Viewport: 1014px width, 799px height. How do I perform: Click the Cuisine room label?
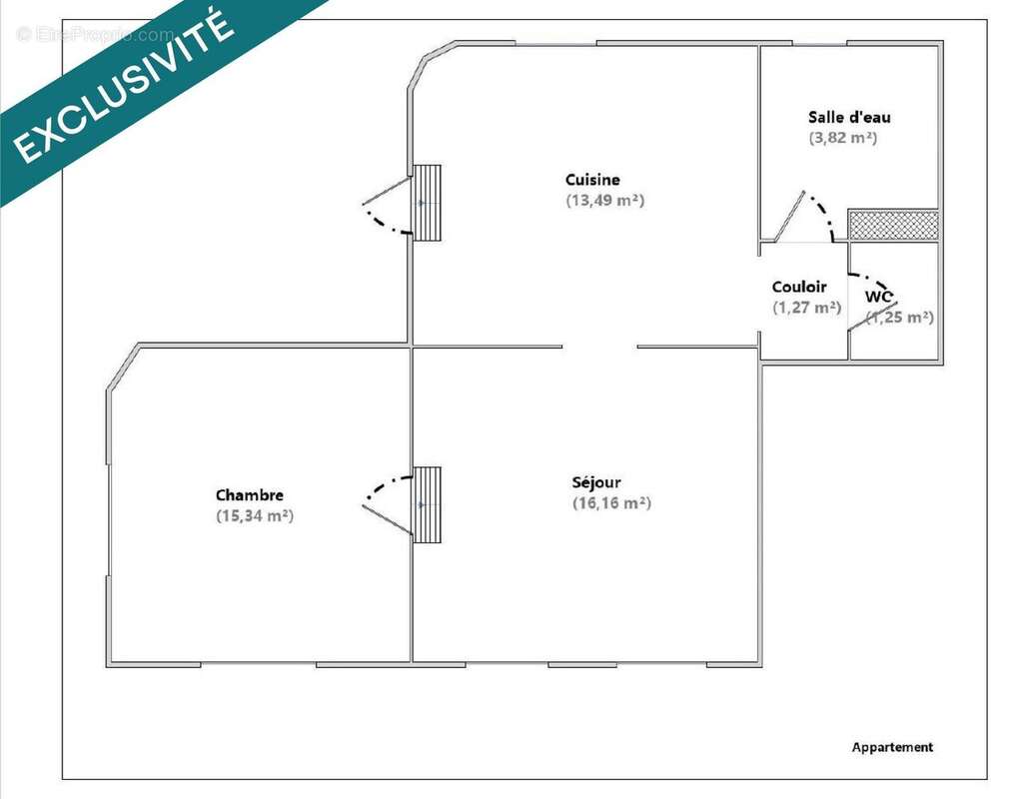[x=592, y=180]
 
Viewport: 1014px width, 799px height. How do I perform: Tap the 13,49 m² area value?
[x=605, y=201]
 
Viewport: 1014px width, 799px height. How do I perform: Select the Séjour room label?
[x=596, y=482]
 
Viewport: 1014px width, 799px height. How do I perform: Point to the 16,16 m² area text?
[x=611, y=503]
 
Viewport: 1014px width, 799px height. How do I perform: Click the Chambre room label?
[x=250, y=495]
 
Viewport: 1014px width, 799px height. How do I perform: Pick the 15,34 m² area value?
[x=255, y=516]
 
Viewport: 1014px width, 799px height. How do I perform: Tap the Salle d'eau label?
[x=849, y=117]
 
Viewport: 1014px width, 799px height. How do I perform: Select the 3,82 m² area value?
[x=843, y=138]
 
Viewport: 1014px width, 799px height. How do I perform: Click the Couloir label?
[x=799, y=287]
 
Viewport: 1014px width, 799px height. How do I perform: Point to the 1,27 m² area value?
[x=807, y=308]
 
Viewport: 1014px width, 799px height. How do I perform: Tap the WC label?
[x=879, y=297]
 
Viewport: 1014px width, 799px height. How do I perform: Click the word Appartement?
[x=892, y=747]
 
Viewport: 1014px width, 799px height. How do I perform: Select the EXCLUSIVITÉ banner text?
[x=123, y=86]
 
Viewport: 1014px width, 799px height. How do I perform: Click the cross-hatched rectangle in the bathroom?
[x=893, y=225]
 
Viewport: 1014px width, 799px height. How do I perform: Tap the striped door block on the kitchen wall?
[x=427, y=203]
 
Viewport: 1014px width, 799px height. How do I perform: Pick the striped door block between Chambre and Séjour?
[x=427, y=505]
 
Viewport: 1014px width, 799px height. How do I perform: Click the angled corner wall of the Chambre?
[x=123, y=368]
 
